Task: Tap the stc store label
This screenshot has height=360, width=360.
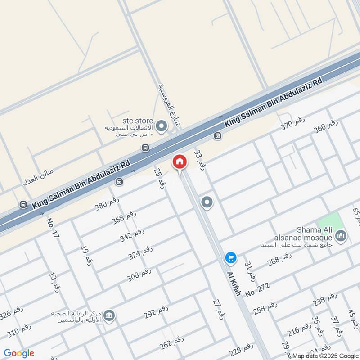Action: pos(138,121)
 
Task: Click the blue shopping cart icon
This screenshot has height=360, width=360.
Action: pos(231,257)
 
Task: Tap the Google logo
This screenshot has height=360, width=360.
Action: pos(19,353)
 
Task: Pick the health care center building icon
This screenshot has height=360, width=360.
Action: pos(108,316)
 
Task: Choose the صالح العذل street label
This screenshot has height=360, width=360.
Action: pos(39,178)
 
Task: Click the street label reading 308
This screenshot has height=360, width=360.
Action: pos(139,275)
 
